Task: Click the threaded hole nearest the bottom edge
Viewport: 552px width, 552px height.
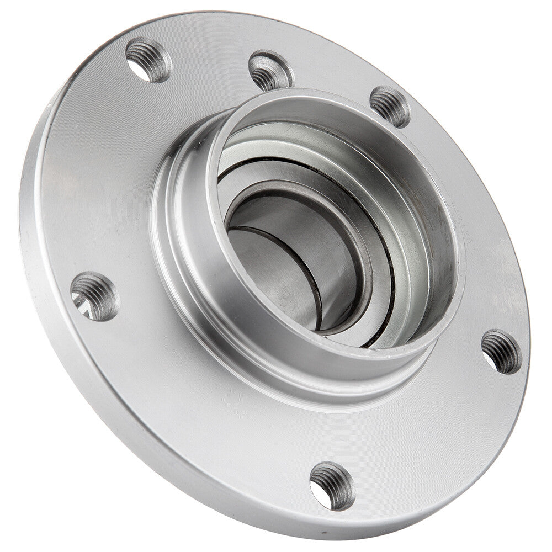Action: click(332, 486)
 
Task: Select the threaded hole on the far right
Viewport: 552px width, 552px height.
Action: click(501, 351)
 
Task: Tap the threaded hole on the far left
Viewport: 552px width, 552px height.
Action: click(94, 296)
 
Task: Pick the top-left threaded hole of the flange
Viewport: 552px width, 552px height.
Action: click(148, 60)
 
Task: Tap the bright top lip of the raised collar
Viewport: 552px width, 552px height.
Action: click(331, 99)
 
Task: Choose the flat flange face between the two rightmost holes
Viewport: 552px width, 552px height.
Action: click(469, 232)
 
